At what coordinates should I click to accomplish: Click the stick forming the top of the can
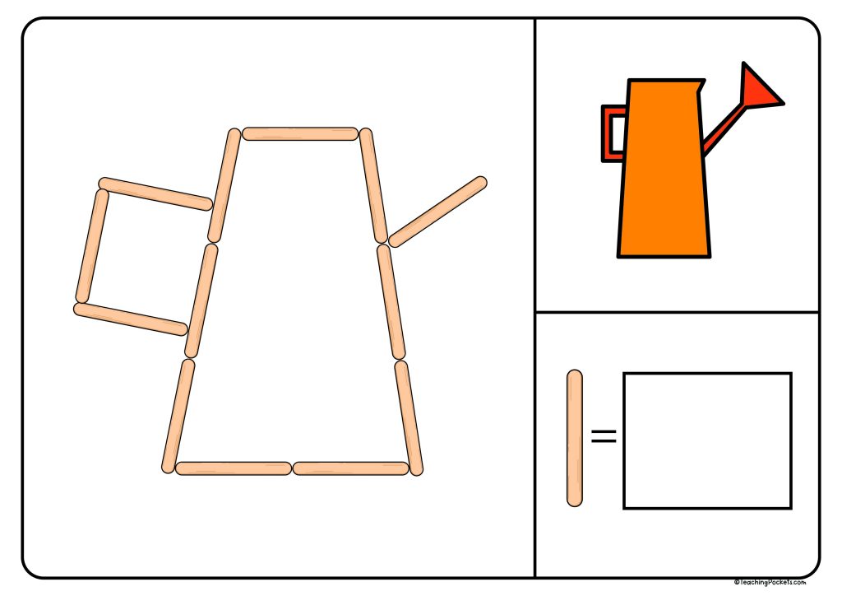tap(300, 133)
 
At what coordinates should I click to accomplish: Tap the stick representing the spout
tap(437, 212)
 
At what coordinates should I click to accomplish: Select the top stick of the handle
tap(155, 193)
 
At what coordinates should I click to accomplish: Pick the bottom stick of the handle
tap(131, 319)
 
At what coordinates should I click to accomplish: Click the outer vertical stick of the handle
tap(92, 246)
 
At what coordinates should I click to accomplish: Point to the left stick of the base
tap(234, 468)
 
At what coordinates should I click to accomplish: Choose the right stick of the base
tap(351, 468)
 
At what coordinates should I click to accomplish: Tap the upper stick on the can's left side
tap(224, 185)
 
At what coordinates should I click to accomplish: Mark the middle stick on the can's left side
tap(201, 300)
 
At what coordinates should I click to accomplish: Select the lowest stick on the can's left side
tap(178, 416)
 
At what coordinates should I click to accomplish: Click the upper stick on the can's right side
tap(373, 185)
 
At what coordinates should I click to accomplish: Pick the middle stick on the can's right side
tap(391, 302)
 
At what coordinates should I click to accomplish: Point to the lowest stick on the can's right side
tap(409, 417)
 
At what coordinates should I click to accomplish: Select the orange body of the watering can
tap(663, 173)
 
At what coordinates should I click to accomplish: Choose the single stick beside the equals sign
tap(575, 438)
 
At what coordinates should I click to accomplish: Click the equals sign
tap(604, 436)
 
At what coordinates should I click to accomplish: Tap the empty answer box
tap(707, 440)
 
